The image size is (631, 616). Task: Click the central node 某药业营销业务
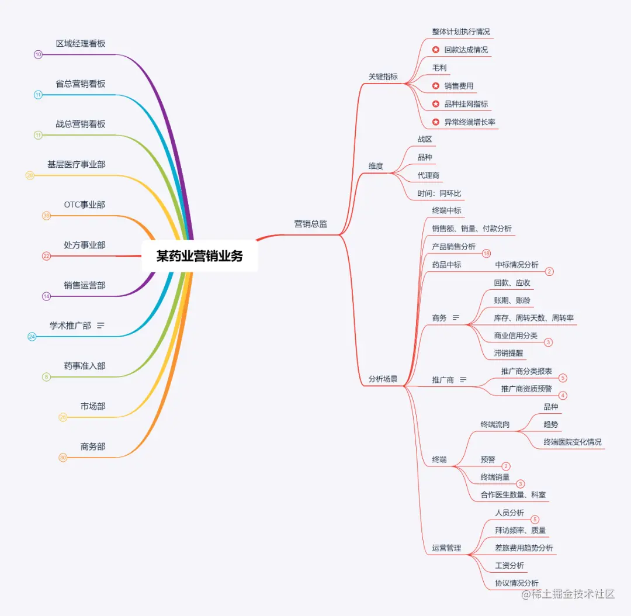click(199, 256)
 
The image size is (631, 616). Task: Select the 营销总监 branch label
click(310, 224)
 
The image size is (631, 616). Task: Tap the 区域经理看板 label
click(81, 44)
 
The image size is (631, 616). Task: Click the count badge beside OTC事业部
click(47, 216)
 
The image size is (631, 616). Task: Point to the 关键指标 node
click(383, 77)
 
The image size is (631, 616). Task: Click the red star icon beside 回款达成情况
click(435, 50)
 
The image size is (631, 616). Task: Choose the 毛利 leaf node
click(439, 68)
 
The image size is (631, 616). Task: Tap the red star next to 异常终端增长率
click(435, 122)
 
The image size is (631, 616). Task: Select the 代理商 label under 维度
click(428, 175)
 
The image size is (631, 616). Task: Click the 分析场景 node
click(383, 379)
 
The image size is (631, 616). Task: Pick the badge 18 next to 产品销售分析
click(486, 254)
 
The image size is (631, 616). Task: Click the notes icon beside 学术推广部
click(100, 326)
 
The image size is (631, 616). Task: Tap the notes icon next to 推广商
click(463, 380)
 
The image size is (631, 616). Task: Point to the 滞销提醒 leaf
click(508, 353)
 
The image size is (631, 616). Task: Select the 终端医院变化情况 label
click(572, 442)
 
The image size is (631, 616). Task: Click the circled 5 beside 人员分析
click(535, 520)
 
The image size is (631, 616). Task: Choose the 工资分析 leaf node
click(509, 566)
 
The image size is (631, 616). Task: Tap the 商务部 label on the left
click(93, 447)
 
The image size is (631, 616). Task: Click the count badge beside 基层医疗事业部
click(30, 175)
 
